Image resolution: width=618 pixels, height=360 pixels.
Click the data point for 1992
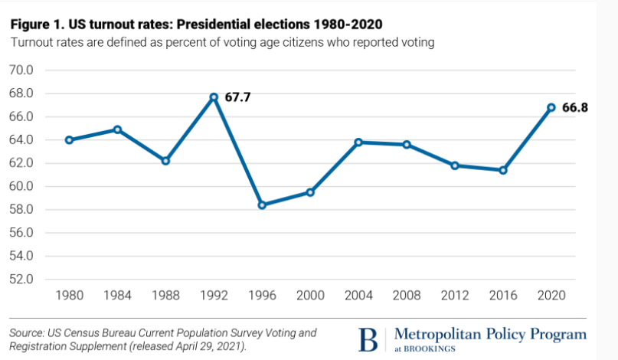point(214,97)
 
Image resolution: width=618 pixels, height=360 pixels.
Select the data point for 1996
point(263,205)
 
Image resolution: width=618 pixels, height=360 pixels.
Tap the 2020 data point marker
point(551,107)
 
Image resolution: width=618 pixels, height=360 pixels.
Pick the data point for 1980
point(69,140)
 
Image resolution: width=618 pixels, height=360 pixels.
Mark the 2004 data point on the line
point(358,142)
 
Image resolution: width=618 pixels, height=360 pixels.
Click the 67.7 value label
point(237,97)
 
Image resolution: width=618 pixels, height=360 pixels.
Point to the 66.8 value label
point(575,108)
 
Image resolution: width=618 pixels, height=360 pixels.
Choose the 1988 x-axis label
point(165,296)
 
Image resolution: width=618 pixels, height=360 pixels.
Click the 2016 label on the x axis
point(502,296)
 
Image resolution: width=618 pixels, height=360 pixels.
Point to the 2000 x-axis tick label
point(310,296)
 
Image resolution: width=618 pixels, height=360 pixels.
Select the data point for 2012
point(455,165)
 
